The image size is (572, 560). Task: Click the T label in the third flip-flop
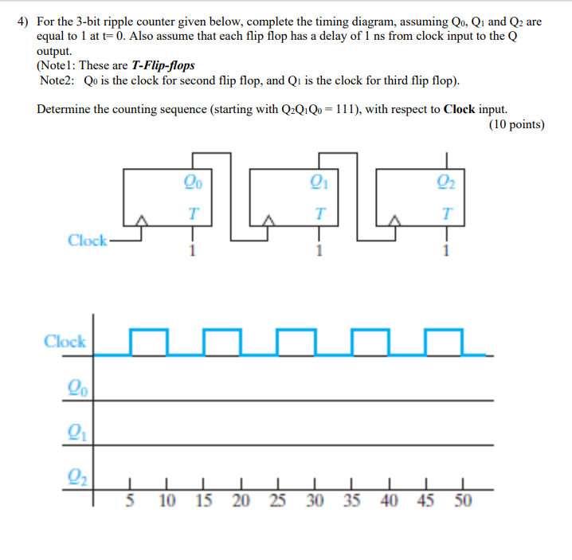click(445, 213)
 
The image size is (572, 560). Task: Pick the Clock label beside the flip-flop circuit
click(87, 240)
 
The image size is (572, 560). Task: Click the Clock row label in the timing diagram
click(65, 342)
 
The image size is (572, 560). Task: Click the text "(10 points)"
click(515, 123)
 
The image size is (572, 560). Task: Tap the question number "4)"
click(23, 22)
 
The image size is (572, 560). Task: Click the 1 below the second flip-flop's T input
click(319, 253)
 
